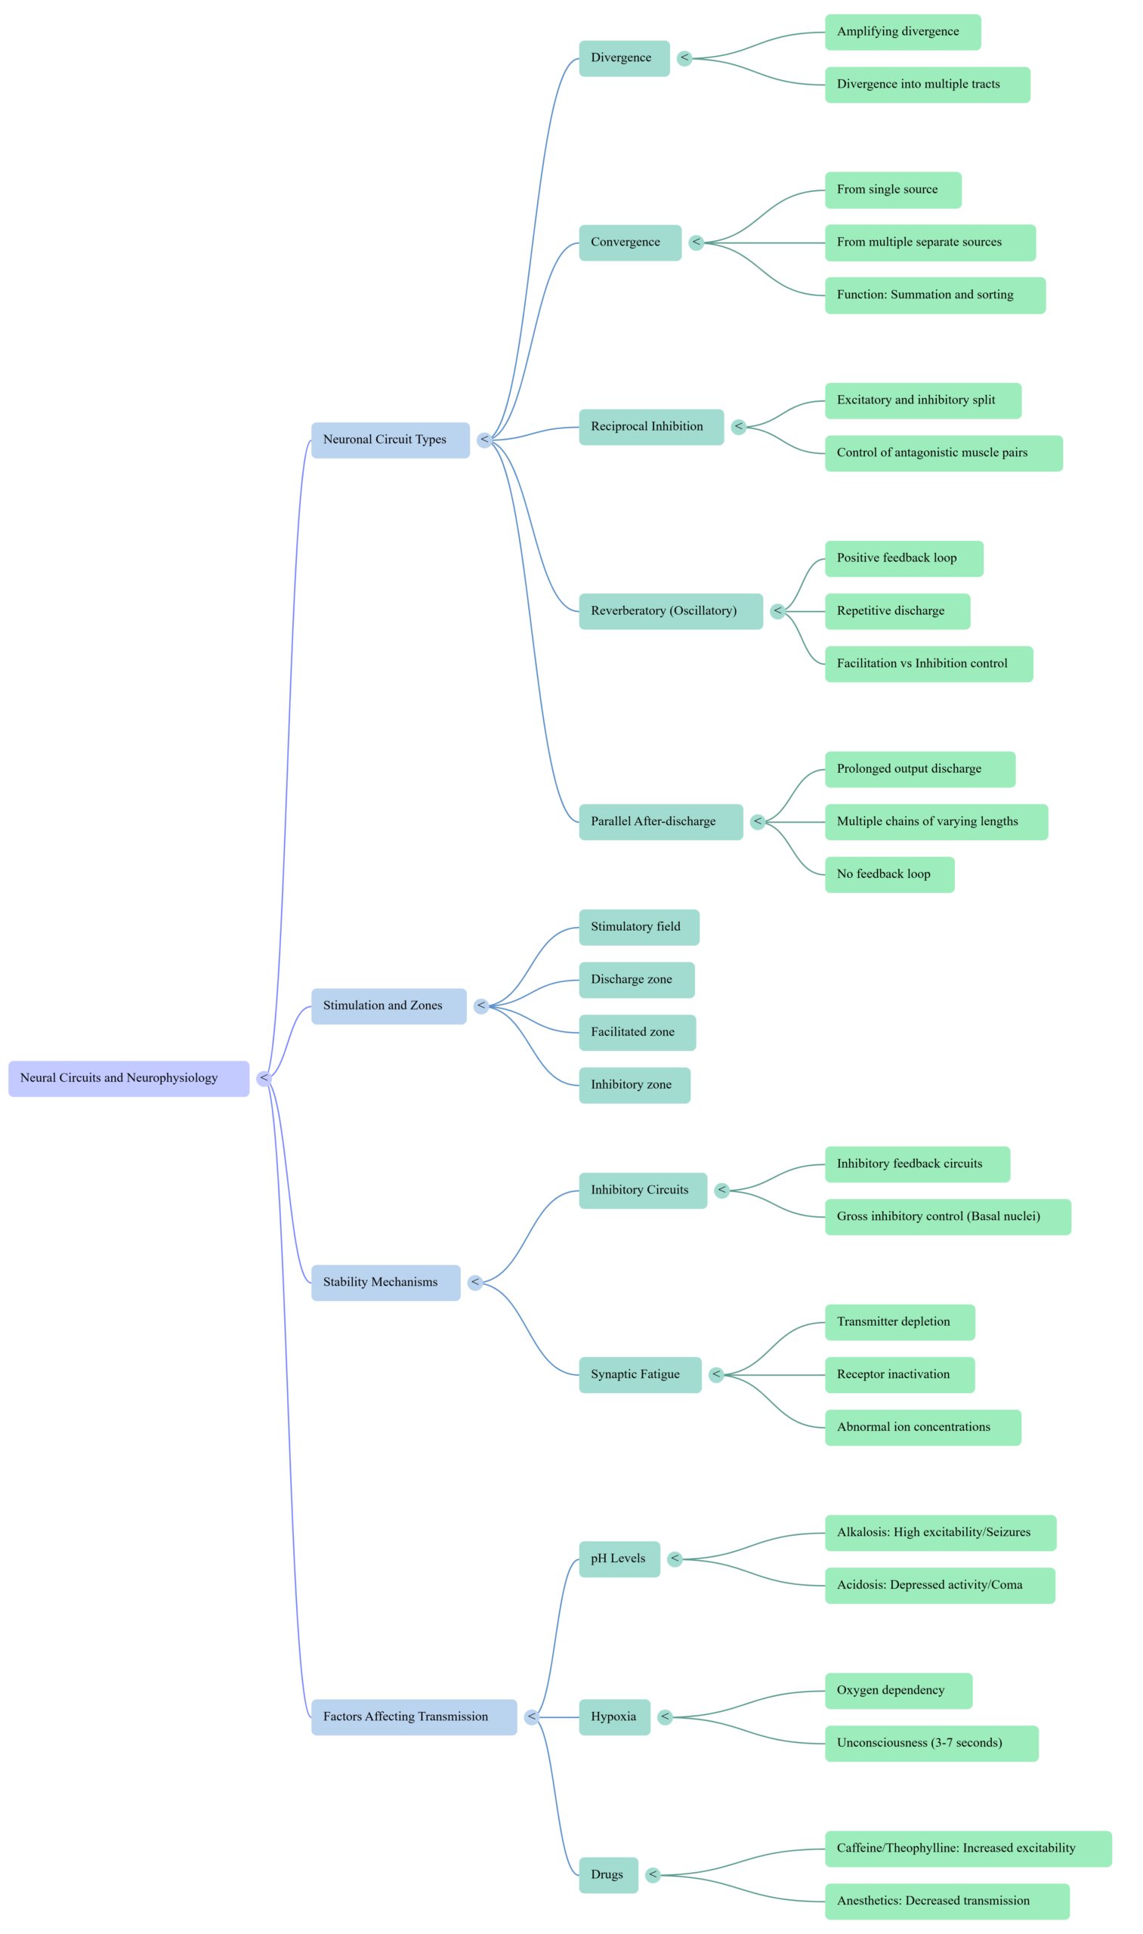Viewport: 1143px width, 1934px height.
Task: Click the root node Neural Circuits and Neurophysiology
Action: click(x=128, y=1078)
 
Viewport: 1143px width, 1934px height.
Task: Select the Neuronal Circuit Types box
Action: click(x=390, y=440)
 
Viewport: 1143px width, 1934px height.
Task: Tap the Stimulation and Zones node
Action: click(x=388, y=1006)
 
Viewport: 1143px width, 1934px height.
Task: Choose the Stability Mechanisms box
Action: click(x=385, y=1282)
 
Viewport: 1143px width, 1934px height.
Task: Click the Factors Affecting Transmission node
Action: click(x=413, y=1716)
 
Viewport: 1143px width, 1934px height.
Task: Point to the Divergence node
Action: click(x=624, y=58)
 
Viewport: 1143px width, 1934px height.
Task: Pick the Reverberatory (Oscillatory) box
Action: click(x=671, y=611)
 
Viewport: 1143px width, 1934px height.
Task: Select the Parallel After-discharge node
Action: click(x=660, y=822)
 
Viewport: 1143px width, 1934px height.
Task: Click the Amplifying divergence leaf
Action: click(x=902, y=32)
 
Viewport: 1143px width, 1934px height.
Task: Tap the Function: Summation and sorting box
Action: click(x=934, y=295)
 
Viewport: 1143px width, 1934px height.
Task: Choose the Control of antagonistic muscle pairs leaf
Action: click(x=943, y=453)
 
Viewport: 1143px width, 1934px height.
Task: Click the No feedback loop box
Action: click(x=889, y=875)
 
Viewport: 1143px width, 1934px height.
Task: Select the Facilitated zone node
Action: click(x=637, y=1033)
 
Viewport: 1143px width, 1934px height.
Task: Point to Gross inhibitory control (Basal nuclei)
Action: click(x=947, y=1217)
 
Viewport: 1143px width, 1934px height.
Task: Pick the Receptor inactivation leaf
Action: click(x=899, y=1375)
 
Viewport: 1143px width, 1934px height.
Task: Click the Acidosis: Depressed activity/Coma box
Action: click(x=939, y=1586)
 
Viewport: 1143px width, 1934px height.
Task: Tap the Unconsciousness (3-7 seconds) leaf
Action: click(x=931, y=1744)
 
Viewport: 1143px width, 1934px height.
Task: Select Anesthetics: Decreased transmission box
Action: click(x=946, y=1902)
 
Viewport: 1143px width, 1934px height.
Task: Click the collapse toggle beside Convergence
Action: click(x=697, y=243)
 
